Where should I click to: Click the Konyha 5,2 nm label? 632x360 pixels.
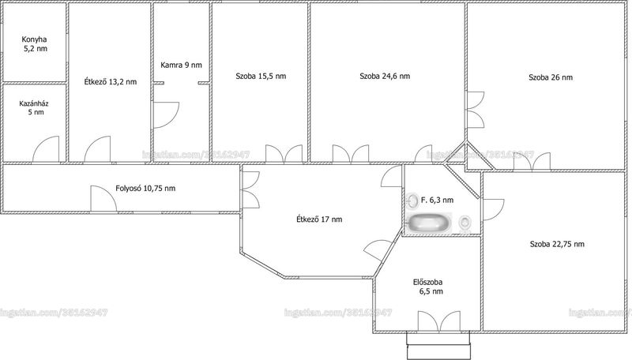34,44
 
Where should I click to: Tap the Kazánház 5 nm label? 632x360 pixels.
34,108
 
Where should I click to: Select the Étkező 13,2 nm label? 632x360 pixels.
110,82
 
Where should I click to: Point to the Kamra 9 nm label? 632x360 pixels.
181,65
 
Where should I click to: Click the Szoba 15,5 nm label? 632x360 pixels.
261,76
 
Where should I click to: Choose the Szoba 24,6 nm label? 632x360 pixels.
385,76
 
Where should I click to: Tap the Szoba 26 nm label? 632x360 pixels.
551,77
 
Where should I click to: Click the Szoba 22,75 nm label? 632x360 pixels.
557,244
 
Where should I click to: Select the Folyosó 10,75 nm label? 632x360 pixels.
145,188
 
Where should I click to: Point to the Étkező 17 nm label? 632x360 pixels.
319,219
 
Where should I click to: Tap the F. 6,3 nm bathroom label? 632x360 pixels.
438,200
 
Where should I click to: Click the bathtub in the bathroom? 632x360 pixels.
430,223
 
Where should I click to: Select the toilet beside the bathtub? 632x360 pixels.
465,223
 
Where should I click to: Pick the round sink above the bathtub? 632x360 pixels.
412,201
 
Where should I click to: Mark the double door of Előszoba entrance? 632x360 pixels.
439,321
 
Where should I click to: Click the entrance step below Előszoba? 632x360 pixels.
438,346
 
